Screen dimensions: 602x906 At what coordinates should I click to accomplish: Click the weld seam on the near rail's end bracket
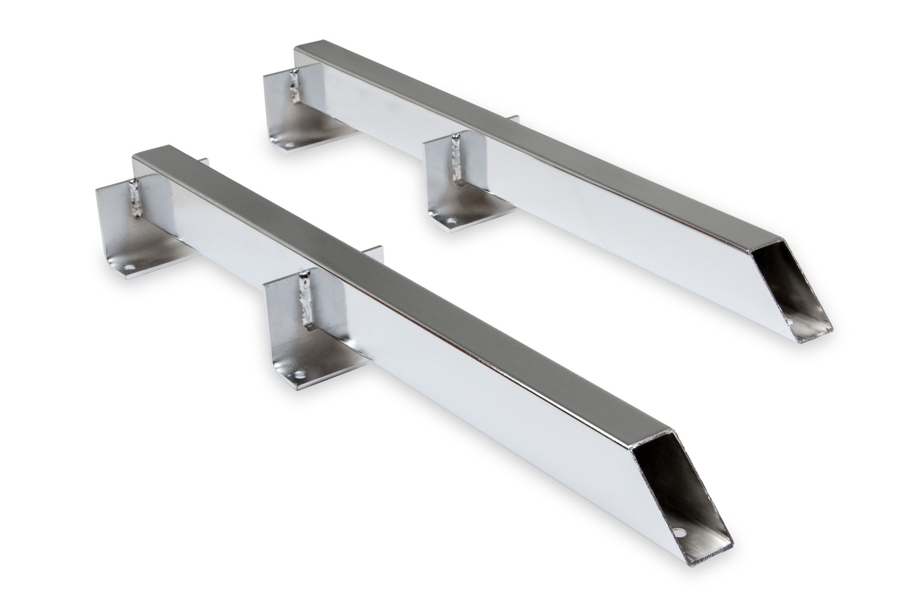coord(136,198)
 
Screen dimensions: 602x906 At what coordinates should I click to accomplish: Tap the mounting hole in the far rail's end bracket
coord(289,146)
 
